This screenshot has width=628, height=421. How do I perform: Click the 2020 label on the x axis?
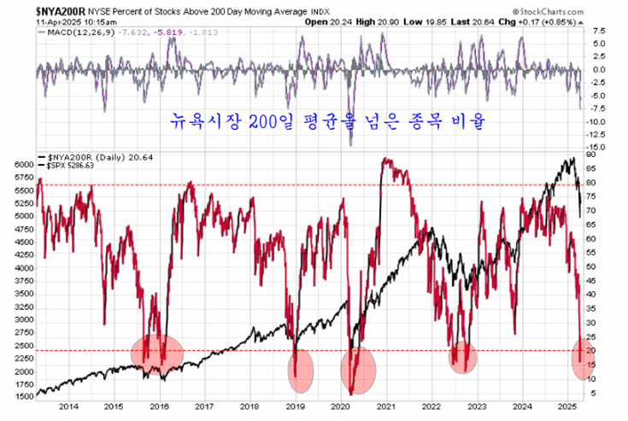pos(342,408)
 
